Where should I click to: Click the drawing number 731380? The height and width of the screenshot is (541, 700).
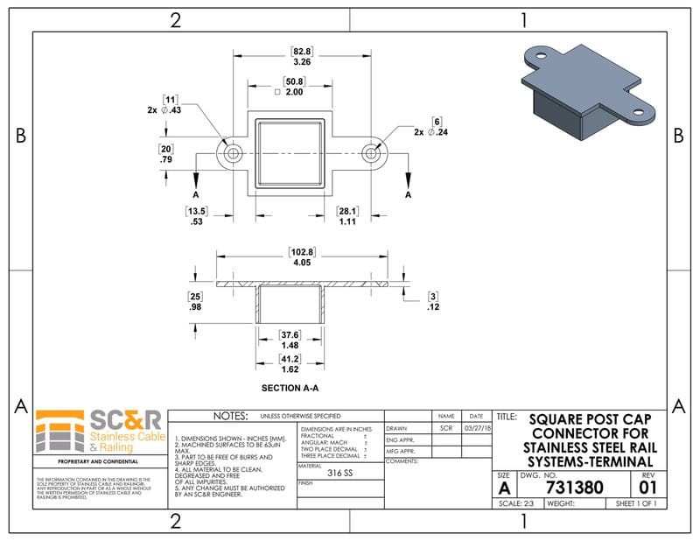point(573,487)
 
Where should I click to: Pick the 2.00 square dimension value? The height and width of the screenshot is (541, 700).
point(294,92)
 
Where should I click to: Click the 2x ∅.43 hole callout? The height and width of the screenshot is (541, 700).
point(167,110)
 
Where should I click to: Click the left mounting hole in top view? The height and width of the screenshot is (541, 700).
point(233,152)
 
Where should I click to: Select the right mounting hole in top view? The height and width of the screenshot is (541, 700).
point(371,152)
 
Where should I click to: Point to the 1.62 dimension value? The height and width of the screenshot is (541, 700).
point(290,370)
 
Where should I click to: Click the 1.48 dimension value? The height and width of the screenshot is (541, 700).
point(290,345)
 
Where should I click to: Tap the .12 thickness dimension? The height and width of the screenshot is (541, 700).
point(432,308)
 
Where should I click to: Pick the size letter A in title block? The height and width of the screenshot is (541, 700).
point(505,488)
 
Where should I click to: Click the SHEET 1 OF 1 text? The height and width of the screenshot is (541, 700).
point(636,504)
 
